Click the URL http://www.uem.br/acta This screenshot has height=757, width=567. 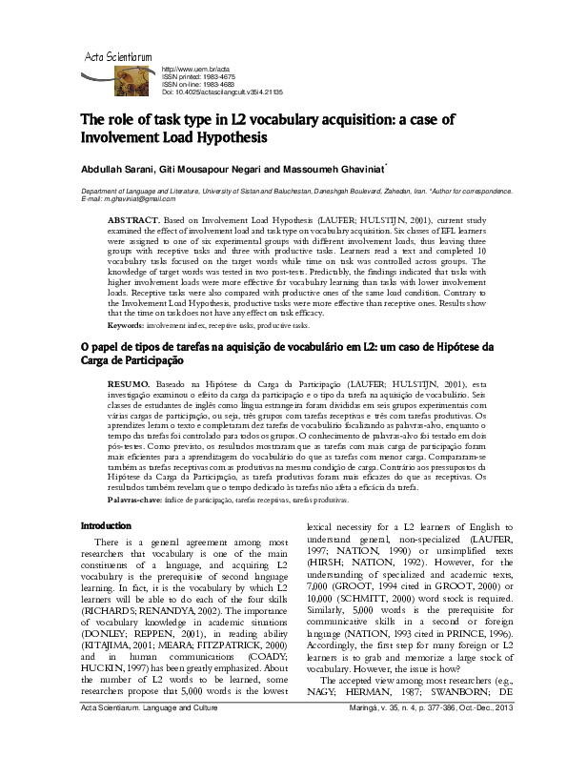tap(197, 71)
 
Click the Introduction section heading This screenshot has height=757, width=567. tap(107, 525)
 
